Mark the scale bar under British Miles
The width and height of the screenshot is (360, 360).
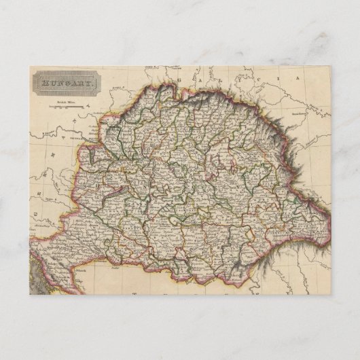click(x=66, y=105)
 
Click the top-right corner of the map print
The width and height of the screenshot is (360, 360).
click(x=331, y=67)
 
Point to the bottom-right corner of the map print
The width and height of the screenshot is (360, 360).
click(x=331, y=294)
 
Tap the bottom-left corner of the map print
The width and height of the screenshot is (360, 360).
click(x=29, y=294)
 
